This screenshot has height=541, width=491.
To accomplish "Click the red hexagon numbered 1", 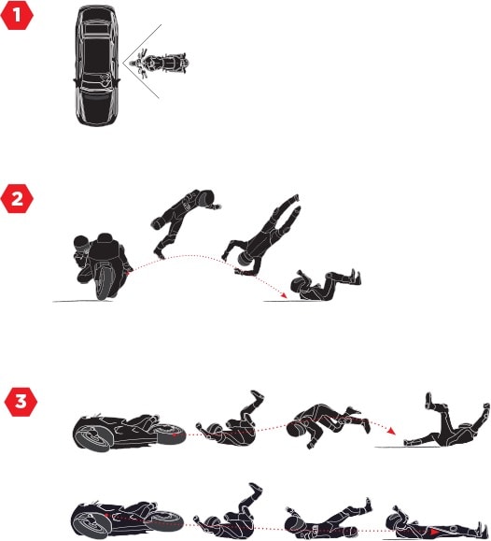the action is tap(17, 15).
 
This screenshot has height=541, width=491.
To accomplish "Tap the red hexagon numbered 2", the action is tap(17, 199).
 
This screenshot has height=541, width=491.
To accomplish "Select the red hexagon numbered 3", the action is tap(21, 402).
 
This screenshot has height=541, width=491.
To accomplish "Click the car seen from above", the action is tap(96, 65).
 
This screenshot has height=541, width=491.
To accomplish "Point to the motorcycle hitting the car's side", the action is tap(160, 64).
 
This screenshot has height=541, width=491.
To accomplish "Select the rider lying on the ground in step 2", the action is tap(326, 285).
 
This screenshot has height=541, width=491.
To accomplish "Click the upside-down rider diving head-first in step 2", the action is tap(261, 235).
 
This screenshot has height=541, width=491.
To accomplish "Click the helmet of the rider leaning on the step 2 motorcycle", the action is tap(82, 243).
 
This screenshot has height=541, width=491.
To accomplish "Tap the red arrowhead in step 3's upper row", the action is tap(391, 431).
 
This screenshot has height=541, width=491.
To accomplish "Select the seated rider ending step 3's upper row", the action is tap(446, 422).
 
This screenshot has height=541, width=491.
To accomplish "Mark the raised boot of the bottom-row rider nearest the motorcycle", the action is tap(256, 489).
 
